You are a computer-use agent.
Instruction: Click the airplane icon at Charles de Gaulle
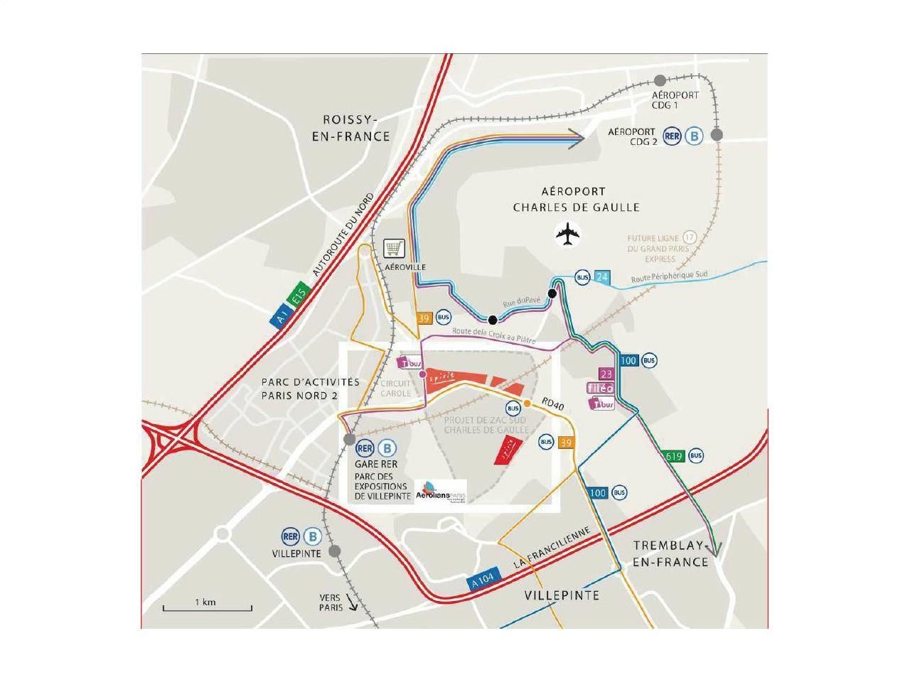click(x=568, y=234)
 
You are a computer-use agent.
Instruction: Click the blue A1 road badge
click(x=281, y=315)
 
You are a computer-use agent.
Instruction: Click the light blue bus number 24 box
click(x=602, y=277)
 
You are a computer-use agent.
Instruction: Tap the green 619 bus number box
click(x=673, y=456)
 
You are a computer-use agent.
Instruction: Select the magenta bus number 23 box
click(x=606, y=374)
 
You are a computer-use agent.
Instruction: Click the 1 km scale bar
click(x=207, y=607)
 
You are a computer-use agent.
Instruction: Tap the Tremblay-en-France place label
click(x=671, y=553)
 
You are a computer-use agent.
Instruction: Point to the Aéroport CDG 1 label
click(x=675, y=99)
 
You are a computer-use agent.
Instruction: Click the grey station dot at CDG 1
click(x=660, y=80)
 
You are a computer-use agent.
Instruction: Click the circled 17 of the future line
click(x=689, y=237)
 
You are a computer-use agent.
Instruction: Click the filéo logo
click(x=601, y=388)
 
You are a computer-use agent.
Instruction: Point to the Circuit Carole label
click(x=396, y=388)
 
